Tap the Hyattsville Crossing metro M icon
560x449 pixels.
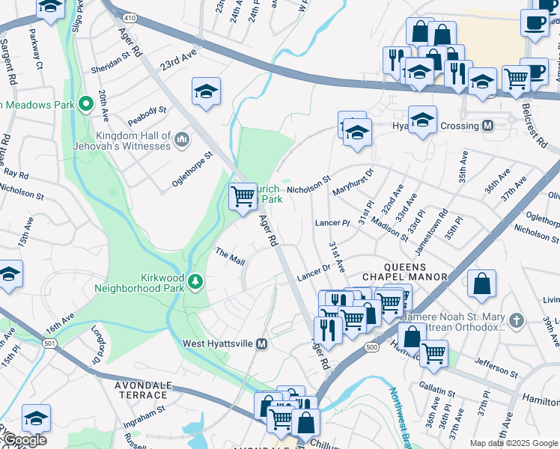click(x=488, y=126)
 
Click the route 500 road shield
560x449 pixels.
click(x=371, y=347)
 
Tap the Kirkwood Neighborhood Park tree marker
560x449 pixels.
click(x=195, y=281)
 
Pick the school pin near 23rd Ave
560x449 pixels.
click(x=207, y=91)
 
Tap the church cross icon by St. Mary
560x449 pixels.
click(x=515, y=322)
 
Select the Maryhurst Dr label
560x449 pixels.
click(x=353, y=180)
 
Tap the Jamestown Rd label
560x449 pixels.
click(x=433, y=222)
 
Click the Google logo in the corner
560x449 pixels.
click(x=25, y=440)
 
